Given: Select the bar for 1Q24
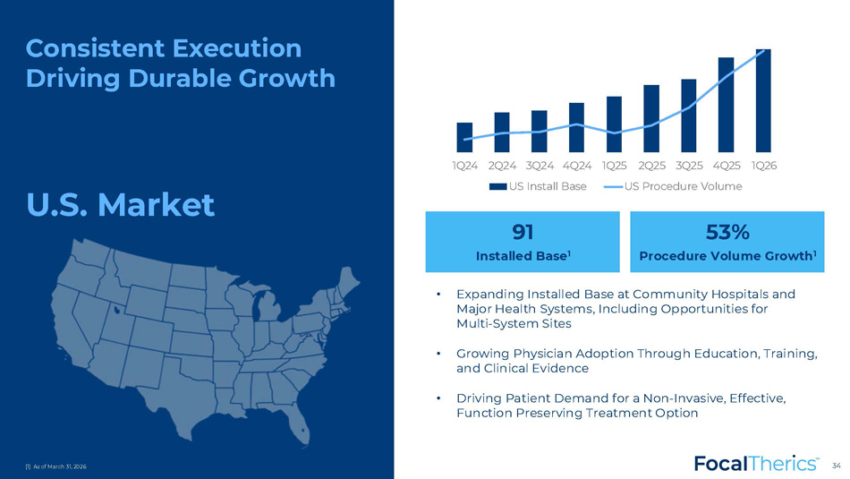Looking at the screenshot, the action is [x=464, y=137].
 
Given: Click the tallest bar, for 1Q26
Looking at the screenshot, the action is [x=763, y=101].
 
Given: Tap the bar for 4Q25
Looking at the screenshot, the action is [x=726, y=105].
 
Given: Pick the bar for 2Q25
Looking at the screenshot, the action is [x=651, y=118].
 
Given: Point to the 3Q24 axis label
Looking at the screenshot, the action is [x=540, y=166].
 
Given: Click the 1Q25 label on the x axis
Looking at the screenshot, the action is [x=614, y=166].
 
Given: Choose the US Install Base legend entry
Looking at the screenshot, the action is [x=538, y=186].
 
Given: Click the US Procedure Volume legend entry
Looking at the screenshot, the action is [x=673, y=186].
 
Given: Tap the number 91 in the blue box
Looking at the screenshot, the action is [x=523, y=232].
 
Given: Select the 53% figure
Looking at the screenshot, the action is [x=727, y=232].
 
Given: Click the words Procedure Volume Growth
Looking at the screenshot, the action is [x=726, y=256].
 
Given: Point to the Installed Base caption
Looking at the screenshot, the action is [x=522, y=256].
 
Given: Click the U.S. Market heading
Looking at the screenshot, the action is [x=121, y=204].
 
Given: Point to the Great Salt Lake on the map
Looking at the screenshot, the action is [x=116, y=311].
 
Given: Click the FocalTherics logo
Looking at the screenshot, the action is [x=756, y=464].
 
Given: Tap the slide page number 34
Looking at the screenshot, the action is [x=837, y=466].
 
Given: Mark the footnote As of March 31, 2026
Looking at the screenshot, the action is [x=55, y=466].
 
